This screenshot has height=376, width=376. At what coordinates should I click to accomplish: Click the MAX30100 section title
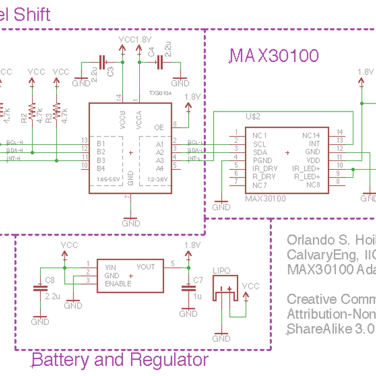click(275, 56)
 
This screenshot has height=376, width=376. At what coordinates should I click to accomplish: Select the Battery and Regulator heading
click(119, 360)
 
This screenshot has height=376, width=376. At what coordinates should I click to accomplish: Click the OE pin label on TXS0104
click(159, 127)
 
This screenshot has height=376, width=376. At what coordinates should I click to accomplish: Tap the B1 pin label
click(100, 143)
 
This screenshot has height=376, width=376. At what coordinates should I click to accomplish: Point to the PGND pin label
click(261, 161)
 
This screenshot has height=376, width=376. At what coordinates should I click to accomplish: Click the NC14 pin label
click(311, 135)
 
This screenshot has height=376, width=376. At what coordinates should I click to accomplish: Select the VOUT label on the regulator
click(145, 266)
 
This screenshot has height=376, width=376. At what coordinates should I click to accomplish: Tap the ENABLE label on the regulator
click(118, 284)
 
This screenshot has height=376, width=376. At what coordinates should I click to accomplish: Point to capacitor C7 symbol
click(187, 289)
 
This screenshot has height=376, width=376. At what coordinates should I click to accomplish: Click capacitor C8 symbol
click(40, 289)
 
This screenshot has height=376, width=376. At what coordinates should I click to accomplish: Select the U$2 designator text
click(253, 117)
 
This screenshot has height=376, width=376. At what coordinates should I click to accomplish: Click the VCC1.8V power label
click(135, 39)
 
